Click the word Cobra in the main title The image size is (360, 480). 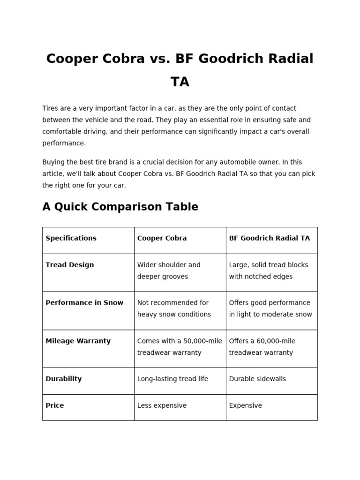point(121,59)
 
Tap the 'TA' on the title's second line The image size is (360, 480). point(180,82)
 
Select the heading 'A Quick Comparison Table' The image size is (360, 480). point(120,207)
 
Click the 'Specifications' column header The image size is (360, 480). point(71,238)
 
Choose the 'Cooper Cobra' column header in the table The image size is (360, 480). point(162,238)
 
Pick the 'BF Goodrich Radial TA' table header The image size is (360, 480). point(269,238)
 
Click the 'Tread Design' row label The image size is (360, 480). point(69,265)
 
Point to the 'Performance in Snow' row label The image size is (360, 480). point(84,303)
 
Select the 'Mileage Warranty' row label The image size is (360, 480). point(78,341)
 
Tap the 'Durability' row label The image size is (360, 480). point(63,379)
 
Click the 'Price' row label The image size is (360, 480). point(54,405)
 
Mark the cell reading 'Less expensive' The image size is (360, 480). point(162,405)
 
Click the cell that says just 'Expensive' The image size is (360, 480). point(245,405)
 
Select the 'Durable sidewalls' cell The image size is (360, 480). point(257,379)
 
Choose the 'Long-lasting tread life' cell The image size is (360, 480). point(172,379)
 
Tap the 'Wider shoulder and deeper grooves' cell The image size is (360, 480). point(169,270)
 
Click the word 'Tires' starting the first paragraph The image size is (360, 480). point(51,108)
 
